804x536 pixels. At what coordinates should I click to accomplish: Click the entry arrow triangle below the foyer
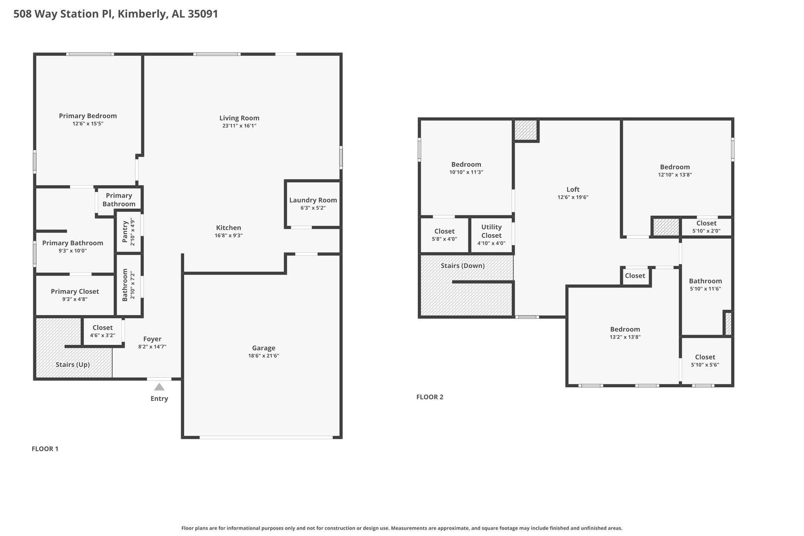point(159,387)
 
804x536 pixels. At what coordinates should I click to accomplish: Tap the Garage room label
point(264,348)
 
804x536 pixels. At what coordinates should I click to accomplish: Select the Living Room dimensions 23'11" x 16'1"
point(239,126)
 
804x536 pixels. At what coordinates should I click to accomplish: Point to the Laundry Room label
point(313,200)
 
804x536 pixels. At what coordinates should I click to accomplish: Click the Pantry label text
point(125,232)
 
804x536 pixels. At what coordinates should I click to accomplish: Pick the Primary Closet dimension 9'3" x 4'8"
point(74,299)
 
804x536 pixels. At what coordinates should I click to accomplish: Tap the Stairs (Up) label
point(72,364)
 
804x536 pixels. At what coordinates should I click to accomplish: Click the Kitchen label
point(229,228)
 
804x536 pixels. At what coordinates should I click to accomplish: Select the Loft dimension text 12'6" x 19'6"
point(573,197)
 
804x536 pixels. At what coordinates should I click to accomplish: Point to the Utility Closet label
point(491,231)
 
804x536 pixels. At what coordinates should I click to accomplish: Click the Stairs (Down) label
point(463,266)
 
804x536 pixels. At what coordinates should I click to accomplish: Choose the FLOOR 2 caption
point(430,397)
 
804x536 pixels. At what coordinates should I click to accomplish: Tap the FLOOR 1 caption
point(45,448)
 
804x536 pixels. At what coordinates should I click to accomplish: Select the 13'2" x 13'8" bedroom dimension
point(625,337)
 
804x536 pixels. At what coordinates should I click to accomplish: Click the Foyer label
point(152,339)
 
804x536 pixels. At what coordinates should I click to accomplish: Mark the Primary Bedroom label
point(87,116)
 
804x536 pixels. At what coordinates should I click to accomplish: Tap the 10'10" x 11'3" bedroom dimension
point(466,172)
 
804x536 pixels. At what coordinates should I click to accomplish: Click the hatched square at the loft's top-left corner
point(526,130)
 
